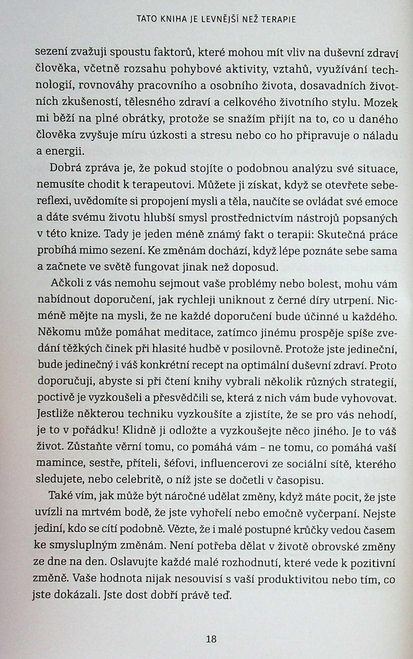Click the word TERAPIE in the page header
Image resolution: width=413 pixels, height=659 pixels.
279,20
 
